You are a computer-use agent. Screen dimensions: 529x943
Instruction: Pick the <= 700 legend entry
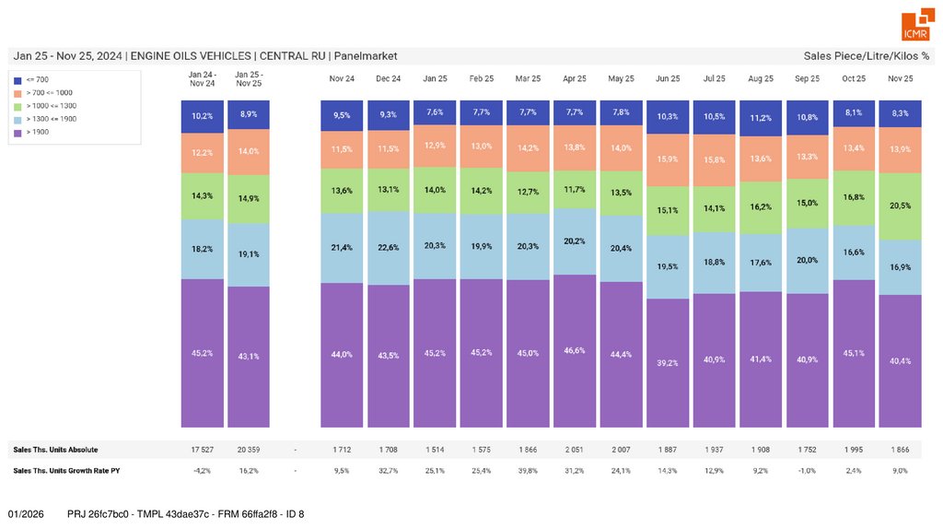click(35, 80)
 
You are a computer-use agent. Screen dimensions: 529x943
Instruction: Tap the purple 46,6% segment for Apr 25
click(575, 351)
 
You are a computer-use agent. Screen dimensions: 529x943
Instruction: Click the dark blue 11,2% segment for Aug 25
click(761, 118)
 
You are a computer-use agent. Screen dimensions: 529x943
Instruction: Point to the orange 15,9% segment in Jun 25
click(668, 159)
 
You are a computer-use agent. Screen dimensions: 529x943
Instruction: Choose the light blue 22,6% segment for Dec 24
click(389, 247)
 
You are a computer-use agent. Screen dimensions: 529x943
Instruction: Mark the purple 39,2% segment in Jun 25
click(668, 363)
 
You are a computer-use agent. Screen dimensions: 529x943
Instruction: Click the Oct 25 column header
click(854, 79)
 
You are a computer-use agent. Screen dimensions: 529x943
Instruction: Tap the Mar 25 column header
click(529, 79)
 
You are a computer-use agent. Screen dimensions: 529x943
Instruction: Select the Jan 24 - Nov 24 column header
click(202, 78)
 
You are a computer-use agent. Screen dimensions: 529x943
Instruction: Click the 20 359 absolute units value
click(248, 450)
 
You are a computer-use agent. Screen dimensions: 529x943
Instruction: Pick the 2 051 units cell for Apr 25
click(575, 450)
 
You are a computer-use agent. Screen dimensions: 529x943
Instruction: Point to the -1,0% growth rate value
click(808, 470)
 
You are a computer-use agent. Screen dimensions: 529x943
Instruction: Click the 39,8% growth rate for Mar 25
click(529, 470)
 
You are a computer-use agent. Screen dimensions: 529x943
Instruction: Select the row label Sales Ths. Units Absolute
click(55, 450)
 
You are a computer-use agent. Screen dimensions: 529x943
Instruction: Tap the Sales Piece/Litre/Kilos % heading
click(866, 56)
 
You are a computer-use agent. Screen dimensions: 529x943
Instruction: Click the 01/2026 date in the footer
click(26, 513)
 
